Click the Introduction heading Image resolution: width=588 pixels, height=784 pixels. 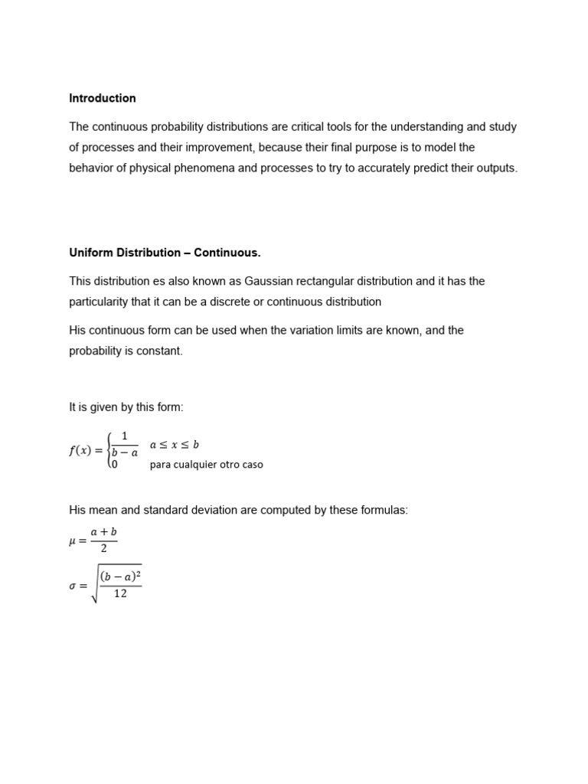(x=103, y=98)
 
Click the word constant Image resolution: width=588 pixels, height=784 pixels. (x=159, y=351)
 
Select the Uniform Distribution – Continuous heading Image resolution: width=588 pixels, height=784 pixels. (x=165, y=253)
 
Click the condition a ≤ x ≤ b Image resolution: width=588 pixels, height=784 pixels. (x=174, y=444)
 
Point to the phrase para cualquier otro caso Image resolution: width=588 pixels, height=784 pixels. (x=206, y=465)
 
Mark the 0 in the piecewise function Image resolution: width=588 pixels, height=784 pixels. (x=115, y=464)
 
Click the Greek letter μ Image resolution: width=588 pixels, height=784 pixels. (x=73, y=541)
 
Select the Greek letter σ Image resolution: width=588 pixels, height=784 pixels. (x=73, y=586)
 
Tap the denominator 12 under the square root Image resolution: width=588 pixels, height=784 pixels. (x=120, y=593)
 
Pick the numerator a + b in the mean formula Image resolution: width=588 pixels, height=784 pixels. (x=103, y=532)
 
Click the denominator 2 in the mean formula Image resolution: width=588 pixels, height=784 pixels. (x=103, y=549)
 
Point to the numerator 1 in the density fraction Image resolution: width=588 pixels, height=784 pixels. (x=125, y=436)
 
